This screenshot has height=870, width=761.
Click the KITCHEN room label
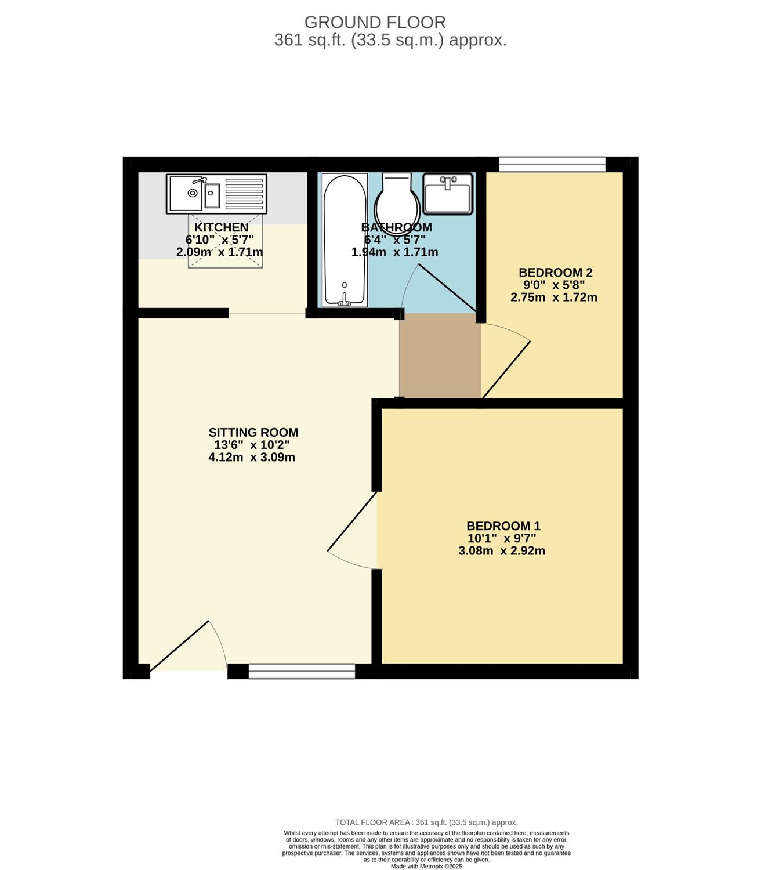pos(221,227)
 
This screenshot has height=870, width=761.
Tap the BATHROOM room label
pos(396,227)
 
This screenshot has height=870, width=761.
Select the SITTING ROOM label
pos(253,433)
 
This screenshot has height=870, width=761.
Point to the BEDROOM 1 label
pos(503,526)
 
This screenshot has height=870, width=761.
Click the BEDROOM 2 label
pos(556,272)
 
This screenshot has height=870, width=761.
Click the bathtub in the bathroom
pos(345,240)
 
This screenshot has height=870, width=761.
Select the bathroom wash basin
pos(448,193)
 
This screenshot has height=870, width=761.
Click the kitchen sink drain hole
pos(193,193)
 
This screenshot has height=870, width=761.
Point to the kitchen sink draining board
pos(244,194)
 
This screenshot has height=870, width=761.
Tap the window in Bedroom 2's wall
pos(552,164)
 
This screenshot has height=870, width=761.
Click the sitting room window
pos(302,671)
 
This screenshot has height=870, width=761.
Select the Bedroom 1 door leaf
pos(352,521)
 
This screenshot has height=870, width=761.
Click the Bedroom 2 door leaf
pos(506,369)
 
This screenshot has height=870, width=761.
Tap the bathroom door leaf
pos(447,288)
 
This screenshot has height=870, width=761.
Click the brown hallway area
pos(440,356)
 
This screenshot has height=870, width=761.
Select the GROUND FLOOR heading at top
pos(375,22)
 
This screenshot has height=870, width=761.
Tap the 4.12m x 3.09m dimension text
pos(252,458)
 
